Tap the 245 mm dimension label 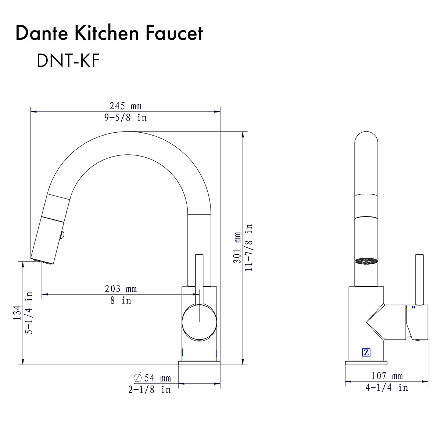[125, 106]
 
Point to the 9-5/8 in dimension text [125, 118]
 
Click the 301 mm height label [237, 247]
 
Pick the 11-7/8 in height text [249, 247]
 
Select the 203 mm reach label [121, 289]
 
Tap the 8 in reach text [121, 300]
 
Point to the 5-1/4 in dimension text [29, 313]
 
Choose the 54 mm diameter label [157, 378]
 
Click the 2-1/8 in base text [150, 390]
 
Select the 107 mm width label [387, 376]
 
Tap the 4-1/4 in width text [387, 387]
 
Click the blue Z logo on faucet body [366, 352]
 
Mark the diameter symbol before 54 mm [138, 377]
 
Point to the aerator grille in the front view [366, 261]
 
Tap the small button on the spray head [62, 234]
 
